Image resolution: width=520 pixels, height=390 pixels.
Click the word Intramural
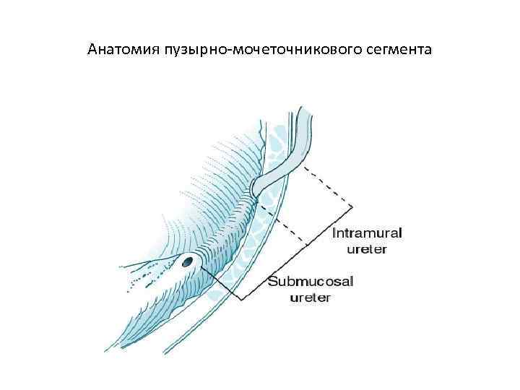(x=367, y=234)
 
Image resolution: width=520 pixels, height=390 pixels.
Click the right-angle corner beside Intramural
(x=353, y=207)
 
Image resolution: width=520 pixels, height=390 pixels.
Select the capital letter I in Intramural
(x=334, y=234)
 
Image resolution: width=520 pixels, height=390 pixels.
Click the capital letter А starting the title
(x=92, y=50)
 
